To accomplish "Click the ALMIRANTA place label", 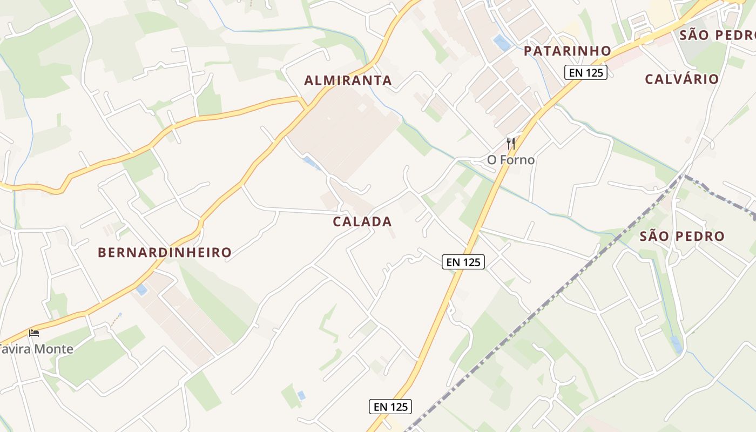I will pyautogui.click(x=348, y=81).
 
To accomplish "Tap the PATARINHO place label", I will pyautogui.click(x=567, y=51).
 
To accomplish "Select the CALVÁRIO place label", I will pyautogui.click(x=681, y=79).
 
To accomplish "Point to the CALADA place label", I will pyautogui.click(x=362, y=222).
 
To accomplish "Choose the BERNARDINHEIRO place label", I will pyautogui.click(x=165, y=252).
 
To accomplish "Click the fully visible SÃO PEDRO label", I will pyautogui.click(x=681, y=237).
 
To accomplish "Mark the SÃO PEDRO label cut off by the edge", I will pyautogui.click(x=717, y=36).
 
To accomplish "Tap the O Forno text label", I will pyautogui.click(x=511, y=160).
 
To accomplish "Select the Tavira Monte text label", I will pyautogui.click(x=37, y=349).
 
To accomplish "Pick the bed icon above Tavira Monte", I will pyautogui.click(x=34, y=333).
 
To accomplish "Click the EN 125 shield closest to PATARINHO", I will pyautogui.click(x=586, y=72).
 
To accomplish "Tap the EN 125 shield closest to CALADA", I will pyautogui.click(x=463, y=262).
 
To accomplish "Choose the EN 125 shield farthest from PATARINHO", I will pyautogui.click(x=390, y=407).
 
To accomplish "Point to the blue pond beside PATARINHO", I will pyautogui.click(x=502, y=43).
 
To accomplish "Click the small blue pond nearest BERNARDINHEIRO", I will pyautogui.click(x=141, y=290).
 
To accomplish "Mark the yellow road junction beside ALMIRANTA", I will pyautogui.click(x=304, y=103).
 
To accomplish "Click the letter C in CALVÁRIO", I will pyautogui.click(x=650, y=79).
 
